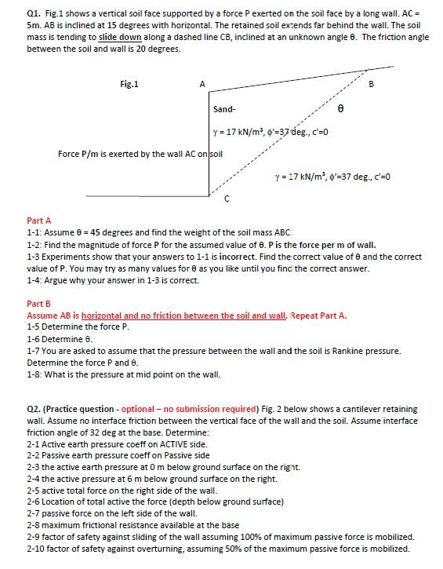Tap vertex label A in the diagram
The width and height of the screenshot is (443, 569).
pos(202,84)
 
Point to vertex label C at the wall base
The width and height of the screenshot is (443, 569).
pos(227,199)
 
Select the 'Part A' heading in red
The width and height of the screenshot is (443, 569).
pos(38,221)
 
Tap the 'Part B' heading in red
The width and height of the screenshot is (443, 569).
pos(38,304)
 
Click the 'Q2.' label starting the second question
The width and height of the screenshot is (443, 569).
pos(34,409)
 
